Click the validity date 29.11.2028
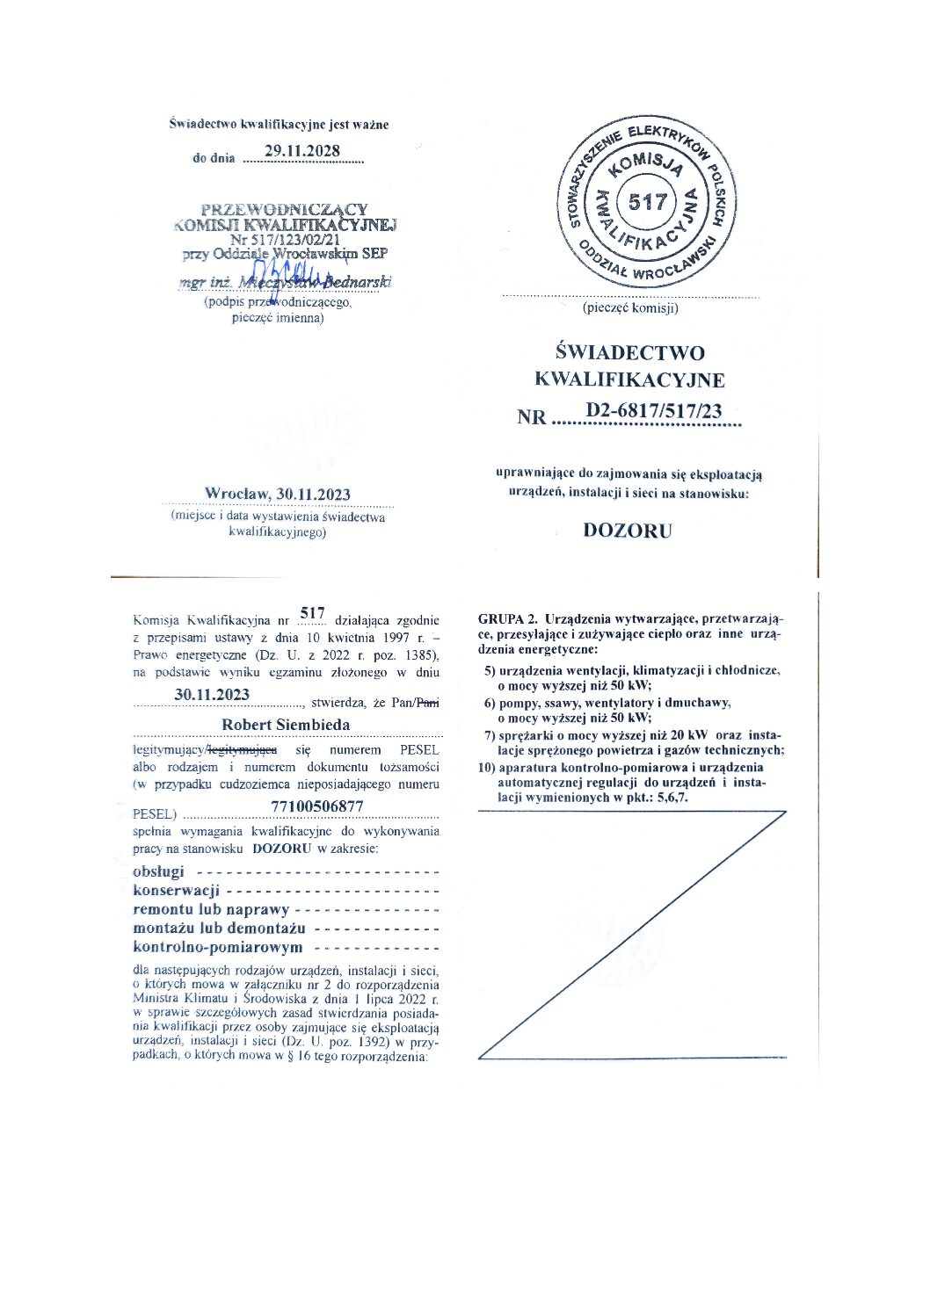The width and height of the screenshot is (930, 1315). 302,151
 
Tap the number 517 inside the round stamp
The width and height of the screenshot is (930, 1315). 648,202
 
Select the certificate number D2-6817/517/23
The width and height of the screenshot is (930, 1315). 653,410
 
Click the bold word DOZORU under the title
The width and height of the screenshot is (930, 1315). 628,531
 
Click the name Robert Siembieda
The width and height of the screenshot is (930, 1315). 286,725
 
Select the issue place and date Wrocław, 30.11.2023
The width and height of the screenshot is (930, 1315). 278,494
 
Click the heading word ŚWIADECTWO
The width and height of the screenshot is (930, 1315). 630,353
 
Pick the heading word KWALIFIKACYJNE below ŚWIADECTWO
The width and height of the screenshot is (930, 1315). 629,380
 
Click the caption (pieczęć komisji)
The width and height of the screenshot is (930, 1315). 630,308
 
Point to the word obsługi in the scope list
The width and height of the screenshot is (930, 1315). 159,871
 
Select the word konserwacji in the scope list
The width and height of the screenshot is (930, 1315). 176,891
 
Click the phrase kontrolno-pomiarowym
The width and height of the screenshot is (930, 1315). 217,947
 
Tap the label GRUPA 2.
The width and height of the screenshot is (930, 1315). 506,618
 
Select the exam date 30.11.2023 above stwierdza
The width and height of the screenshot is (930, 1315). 212,695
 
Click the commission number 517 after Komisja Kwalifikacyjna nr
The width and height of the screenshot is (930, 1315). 312,613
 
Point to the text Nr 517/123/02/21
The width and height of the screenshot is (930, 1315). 286,239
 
